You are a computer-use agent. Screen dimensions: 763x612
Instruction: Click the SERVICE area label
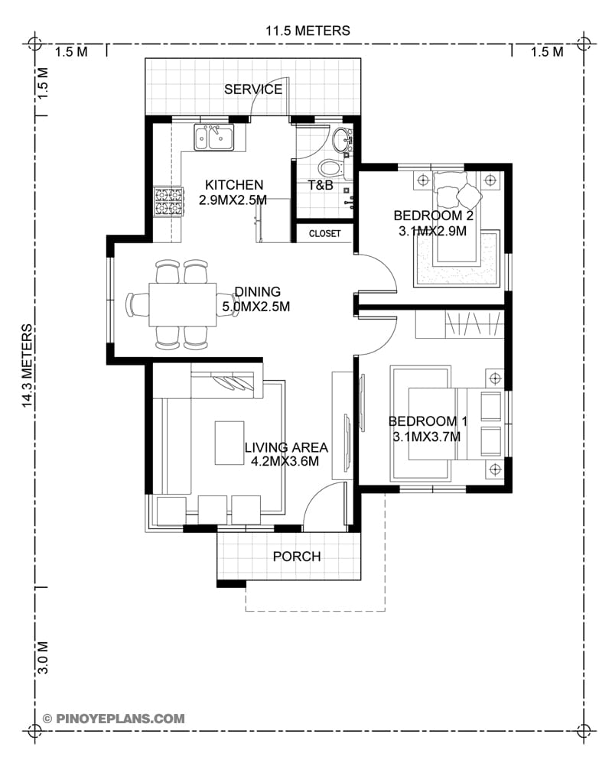[252, 89]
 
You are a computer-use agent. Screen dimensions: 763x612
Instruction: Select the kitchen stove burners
[168, 202]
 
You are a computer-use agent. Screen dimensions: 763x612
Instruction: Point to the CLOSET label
[325, 233]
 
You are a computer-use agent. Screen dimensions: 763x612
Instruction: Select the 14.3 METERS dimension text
[28, 365]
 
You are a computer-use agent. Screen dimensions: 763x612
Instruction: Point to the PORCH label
[297, 557]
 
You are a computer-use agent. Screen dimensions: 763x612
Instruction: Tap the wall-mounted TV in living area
[347, 434]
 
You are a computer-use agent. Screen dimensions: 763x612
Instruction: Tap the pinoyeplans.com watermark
[114, 718]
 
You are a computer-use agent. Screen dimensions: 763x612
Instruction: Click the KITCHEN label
[233, 185]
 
